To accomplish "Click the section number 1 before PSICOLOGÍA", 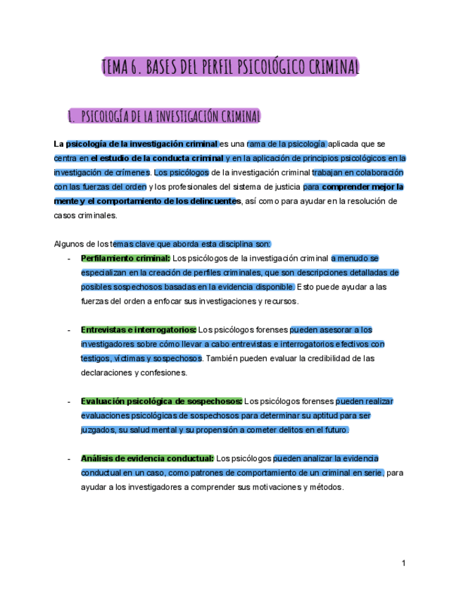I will (70, 115).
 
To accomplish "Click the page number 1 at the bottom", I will (404, 563).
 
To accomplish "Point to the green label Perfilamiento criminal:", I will (125, 258).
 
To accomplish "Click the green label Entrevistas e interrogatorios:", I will (139, 330).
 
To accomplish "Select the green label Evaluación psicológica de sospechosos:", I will (161, 401).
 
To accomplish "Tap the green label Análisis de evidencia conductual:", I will (147, 458).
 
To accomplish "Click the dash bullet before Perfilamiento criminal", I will (68, 259).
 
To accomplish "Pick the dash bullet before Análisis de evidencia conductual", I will (68, 459).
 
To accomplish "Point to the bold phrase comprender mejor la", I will (362, 187).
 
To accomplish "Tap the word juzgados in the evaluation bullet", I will (97, 429).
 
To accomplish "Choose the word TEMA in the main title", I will (114, 67).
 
